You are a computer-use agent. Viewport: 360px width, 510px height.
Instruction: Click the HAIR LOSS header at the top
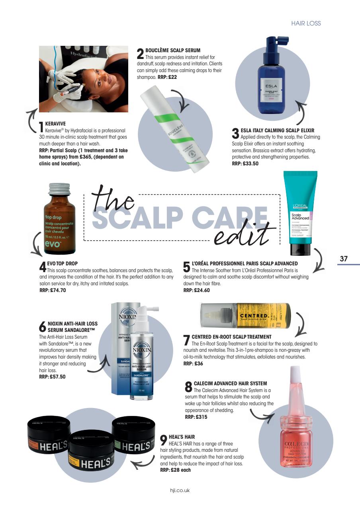coord(306,24)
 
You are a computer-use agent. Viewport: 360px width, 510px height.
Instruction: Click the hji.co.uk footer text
coord(180,490)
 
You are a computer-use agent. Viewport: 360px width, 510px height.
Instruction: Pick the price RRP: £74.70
coord(53,290)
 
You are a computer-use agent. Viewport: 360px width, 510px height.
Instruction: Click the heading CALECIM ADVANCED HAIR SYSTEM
coord(230,383)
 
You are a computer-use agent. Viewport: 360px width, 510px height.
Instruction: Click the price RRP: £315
coord(196,417)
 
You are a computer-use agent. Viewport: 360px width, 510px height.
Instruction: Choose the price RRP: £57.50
coord(52,376)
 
